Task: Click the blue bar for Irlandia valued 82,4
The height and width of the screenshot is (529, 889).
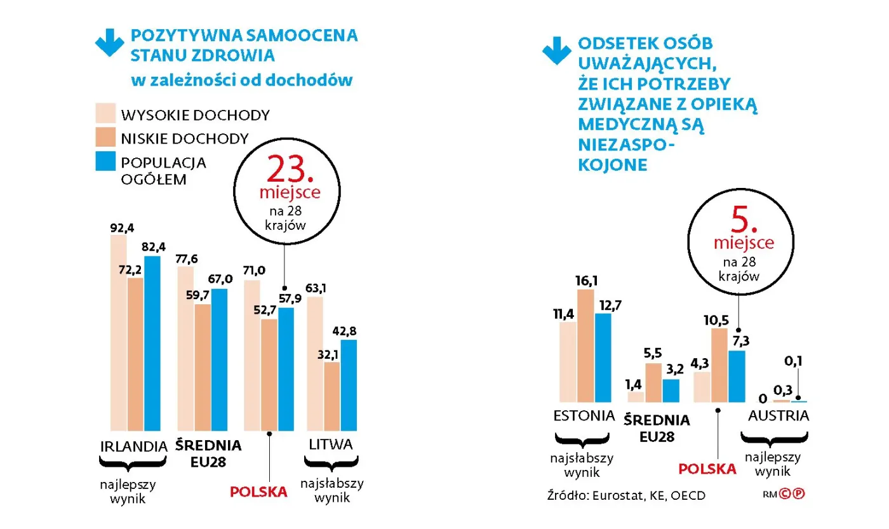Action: [152, 343]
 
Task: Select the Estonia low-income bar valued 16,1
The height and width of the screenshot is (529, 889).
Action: [585, 345]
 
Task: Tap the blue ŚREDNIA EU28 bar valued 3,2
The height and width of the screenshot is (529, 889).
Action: [671, 391]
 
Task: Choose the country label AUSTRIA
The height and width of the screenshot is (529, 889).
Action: [779, 416]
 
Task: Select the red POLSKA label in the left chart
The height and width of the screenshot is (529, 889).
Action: [258, 492]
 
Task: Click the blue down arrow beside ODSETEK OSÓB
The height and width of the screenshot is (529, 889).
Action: [557, 51]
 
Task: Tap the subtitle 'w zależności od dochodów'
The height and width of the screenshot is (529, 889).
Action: [241, 80]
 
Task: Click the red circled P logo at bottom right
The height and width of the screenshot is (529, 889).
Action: [799, 493]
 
